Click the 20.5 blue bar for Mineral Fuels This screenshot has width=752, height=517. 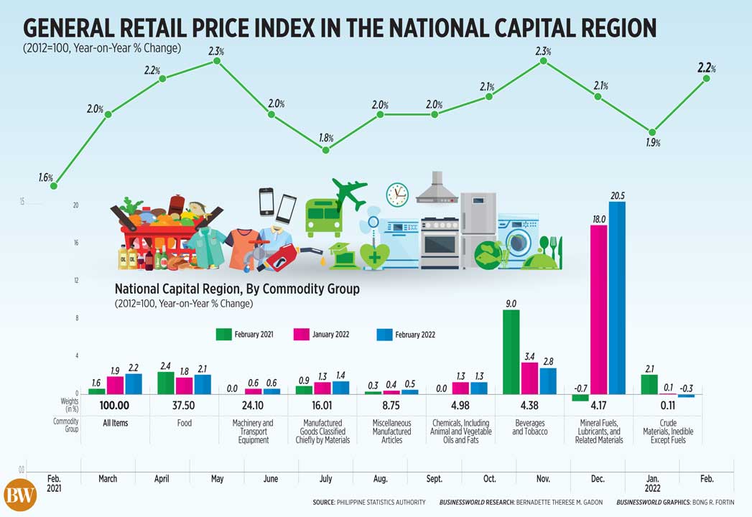point(617,297)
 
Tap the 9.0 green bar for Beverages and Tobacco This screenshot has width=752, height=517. point(511,351)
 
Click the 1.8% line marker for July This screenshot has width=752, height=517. point(325,150)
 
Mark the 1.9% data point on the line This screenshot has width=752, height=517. point(651,132)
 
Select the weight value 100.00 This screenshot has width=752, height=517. point(115,405)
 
